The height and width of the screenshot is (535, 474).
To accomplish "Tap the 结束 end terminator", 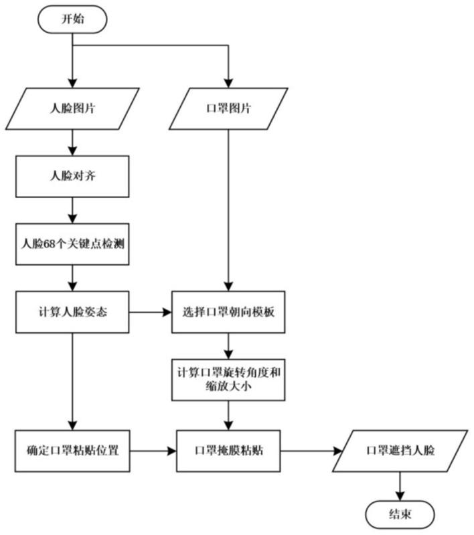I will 400,516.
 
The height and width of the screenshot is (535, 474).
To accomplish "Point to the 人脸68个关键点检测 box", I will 73,243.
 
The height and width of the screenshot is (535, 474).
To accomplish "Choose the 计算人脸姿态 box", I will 73,312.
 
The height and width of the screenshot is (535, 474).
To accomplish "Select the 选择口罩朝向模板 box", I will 228,312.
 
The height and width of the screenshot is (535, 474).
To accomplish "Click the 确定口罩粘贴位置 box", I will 73,450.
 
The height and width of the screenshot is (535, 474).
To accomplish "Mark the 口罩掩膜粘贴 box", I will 228,450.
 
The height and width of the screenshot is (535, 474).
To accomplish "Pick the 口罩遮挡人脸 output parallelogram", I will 400,450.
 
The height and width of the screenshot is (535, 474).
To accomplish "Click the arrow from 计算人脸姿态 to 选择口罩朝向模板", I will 151,312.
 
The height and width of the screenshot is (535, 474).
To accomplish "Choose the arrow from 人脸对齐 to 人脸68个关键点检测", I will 73,211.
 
